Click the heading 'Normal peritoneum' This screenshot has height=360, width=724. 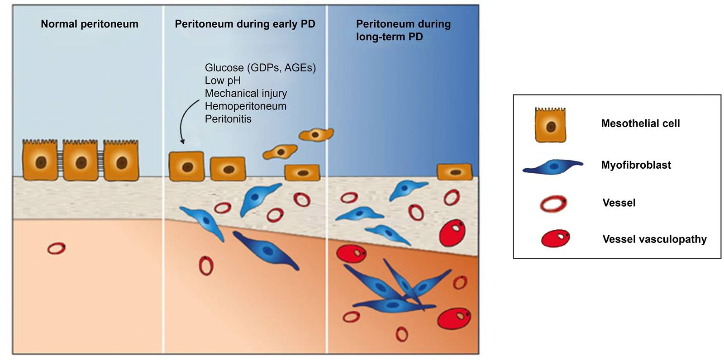90,24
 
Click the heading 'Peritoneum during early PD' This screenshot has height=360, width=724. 245,24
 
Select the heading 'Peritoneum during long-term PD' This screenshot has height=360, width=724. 403,30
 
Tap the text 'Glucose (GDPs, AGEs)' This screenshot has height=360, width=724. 260,68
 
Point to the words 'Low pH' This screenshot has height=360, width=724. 223,81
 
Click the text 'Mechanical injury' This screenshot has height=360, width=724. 246,93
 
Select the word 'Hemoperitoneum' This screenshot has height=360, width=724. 245,106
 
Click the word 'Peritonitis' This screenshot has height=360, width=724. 228,119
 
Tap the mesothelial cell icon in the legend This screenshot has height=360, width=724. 550,125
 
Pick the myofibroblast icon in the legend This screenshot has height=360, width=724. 553,166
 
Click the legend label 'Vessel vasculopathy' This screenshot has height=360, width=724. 654,239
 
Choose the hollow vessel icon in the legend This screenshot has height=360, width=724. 553,204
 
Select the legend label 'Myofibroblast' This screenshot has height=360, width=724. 636,165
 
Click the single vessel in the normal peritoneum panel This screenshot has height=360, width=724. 57,248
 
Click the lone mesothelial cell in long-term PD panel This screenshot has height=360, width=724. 454,172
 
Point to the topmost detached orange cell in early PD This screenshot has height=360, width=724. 316,134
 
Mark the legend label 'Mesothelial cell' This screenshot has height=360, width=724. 640,123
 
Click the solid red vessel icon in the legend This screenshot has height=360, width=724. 555,238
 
